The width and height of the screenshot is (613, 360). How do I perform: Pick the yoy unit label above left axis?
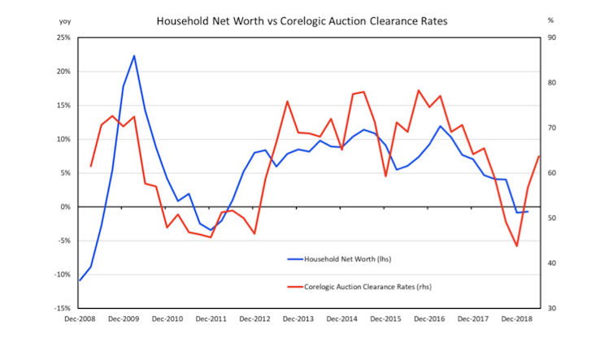[x=66, y=20]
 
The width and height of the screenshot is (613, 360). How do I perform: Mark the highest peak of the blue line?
[x=134, y=55]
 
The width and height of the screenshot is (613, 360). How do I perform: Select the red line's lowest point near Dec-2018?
[x=516, y=245]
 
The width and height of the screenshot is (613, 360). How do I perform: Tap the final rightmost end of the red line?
[x=538, y=156]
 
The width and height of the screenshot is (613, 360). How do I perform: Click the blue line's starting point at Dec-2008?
[x=80, y=280]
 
